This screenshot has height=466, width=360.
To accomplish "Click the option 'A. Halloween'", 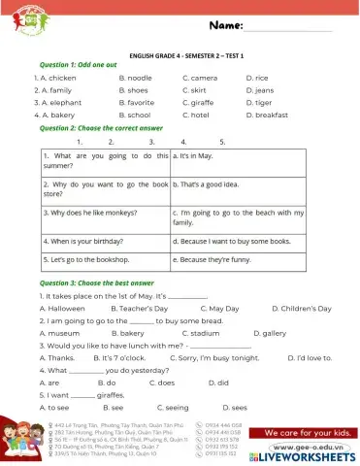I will tap(57, 307).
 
